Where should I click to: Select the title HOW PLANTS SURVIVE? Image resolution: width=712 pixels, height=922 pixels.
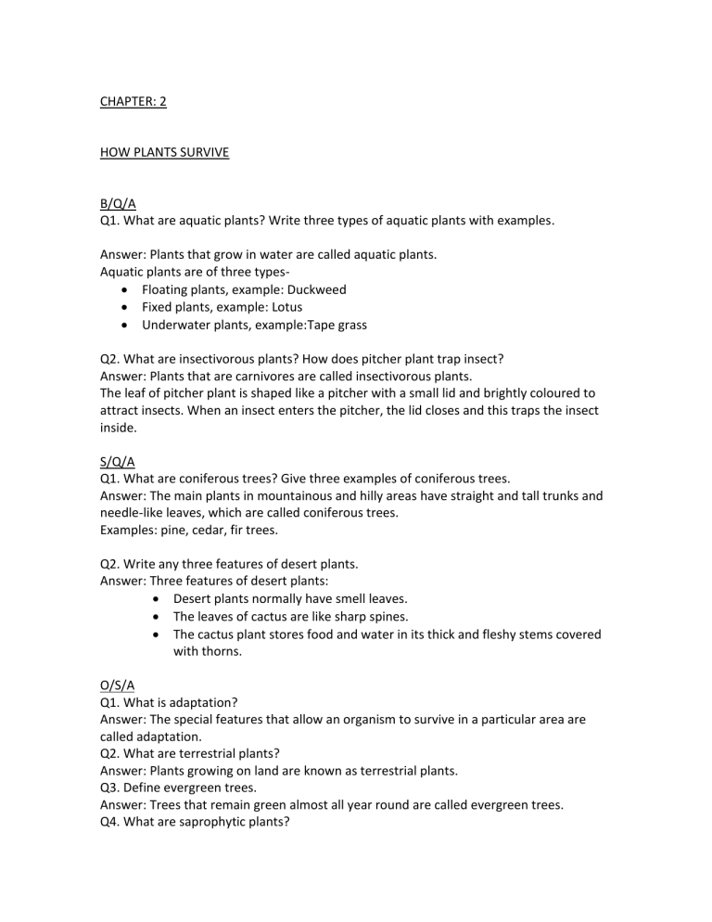[x=163, y=153]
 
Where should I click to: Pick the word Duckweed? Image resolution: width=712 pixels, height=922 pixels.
[x=315, y=289]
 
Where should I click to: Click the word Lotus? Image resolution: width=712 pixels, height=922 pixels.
[x=284, y=307]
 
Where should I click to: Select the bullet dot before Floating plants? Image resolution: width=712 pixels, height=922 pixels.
[x=125, y=290]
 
